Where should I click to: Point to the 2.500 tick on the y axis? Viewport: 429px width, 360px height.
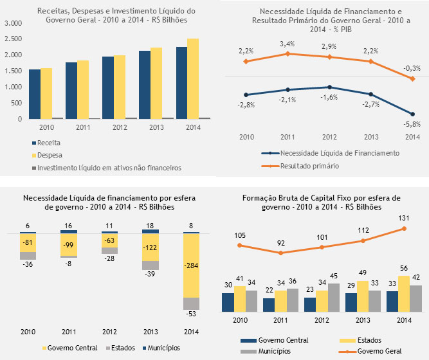coord(14,39)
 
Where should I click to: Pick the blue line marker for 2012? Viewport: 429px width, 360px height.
coord(329,87)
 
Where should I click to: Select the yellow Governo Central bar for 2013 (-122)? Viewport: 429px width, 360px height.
coord(150,248)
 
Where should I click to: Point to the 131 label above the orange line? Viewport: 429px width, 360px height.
coord(404,219)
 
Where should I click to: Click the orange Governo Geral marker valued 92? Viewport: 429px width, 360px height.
coord(281,253)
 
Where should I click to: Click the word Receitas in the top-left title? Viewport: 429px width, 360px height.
coord(52,12)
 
